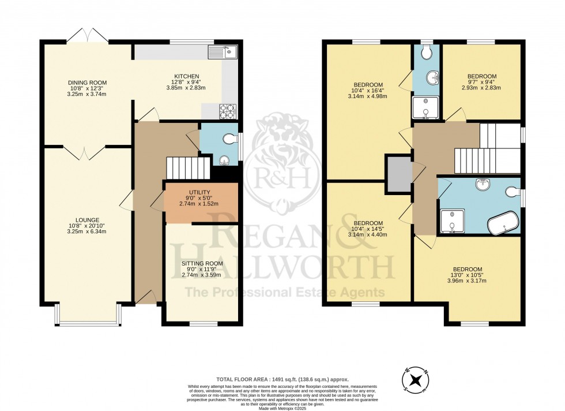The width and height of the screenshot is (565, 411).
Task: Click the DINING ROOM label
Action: pos(87,83)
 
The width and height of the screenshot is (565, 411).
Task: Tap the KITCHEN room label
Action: pos(187,76)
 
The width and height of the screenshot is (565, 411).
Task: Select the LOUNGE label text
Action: pos(87,220)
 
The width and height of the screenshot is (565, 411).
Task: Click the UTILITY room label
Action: pos(199,192)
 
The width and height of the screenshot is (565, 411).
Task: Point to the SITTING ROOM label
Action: pos(198,264)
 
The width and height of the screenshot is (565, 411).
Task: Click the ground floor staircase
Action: pos(187,168)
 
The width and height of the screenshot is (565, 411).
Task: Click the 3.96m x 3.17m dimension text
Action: pos(467,281)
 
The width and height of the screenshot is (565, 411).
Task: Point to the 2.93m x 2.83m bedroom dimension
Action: pos(481,88)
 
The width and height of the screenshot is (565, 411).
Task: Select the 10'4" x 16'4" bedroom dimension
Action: pos(368,91)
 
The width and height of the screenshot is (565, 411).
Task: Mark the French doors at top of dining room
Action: pos(86,36)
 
